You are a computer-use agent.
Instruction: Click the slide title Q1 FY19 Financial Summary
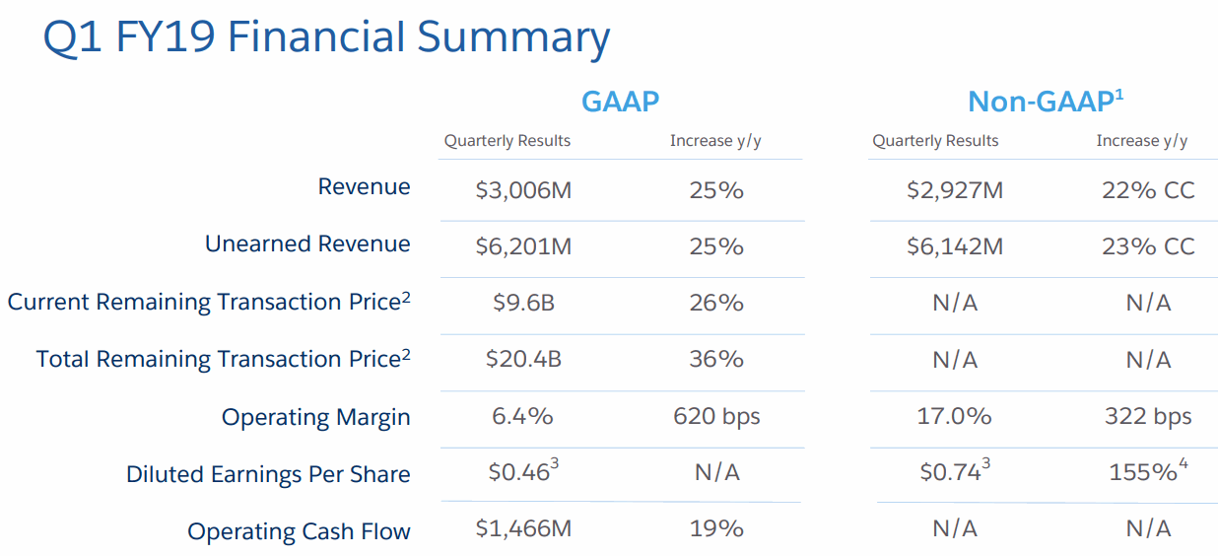[326, 38]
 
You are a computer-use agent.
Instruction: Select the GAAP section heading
[620, 102]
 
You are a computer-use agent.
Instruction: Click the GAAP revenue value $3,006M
[522, 190]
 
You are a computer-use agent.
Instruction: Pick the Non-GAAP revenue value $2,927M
[954, 190]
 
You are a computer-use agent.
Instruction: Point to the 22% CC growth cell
[1148, 190]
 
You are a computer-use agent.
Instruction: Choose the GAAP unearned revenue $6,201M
[522, 246]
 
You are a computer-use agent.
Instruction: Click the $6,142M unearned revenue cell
[954, 246]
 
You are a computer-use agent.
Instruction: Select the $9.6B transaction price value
[522, 303]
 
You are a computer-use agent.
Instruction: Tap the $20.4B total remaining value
[522, 360]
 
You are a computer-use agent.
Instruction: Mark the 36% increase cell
[716, 360]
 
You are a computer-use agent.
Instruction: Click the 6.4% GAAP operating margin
[522, 416]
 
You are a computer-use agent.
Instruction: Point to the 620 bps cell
[716, 416]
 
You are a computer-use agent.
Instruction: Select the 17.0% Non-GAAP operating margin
[954, 416]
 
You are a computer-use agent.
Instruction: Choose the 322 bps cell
[1148, 416]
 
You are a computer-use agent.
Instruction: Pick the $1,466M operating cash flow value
[522, 529]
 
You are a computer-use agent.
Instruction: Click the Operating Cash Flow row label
[299, 532]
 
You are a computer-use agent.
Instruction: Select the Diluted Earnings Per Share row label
[268, 475]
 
